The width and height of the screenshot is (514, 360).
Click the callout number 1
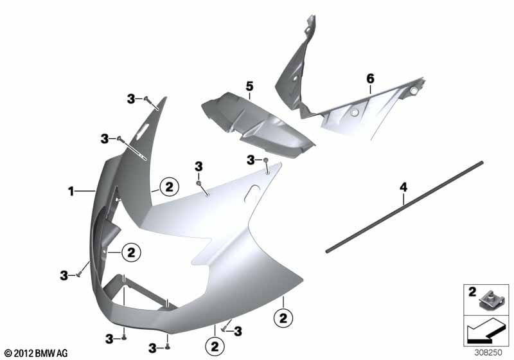click(71, 191)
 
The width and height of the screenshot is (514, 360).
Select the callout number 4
click(403, 188)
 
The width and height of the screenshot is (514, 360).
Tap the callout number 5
click(249, 87)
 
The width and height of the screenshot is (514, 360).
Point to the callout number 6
click(370, 78)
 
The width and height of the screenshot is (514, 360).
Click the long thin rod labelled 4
click(405, 206)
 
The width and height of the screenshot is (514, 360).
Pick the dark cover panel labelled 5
click(258, 125)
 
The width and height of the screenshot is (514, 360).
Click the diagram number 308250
click(488, 352)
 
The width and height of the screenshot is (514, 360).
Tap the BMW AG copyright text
click(37, 353)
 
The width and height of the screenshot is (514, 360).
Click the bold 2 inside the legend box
click(472, 291)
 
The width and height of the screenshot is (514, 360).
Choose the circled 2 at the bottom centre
click(215, 346)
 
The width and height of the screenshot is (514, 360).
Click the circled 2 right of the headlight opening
click(131, 253)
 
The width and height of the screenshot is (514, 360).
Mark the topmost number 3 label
click(131, 99)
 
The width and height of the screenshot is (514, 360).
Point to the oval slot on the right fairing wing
click(253, 192)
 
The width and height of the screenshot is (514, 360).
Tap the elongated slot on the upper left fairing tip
click(143, 129)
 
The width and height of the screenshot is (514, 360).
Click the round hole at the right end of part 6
click(414, 91)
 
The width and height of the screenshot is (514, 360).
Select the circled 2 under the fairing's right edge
click(283, 318)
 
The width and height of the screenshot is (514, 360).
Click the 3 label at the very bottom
click(152, 348)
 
